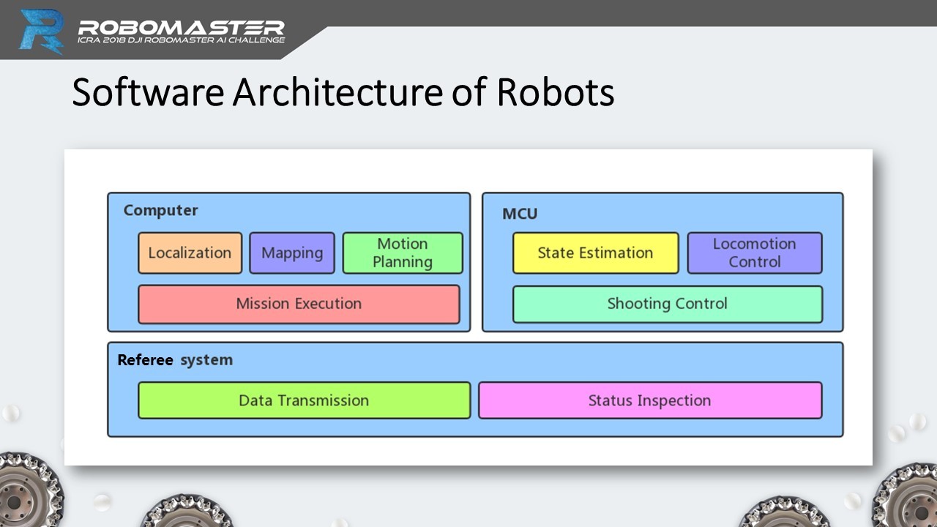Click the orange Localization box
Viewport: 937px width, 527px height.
click(x=190, y=253)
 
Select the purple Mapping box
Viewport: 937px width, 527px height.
click(x=292, y=253)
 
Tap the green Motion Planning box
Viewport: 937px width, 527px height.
click(x=403, y=253)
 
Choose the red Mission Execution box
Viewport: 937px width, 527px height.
click(x=299, y=304)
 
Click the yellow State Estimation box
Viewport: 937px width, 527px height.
click(x=595, y=253)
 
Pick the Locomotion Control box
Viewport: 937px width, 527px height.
click(x=755, y=253)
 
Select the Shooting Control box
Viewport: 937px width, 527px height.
click(x=667, y=304)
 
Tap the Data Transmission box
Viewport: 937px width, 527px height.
click(x=304, y=400)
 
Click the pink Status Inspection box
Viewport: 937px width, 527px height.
click(x=650, y=400)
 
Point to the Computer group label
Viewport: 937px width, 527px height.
click(x=160, y=210)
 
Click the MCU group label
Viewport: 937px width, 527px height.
click(x=520, y=214)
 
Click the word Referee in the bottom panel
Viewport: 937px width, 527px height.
click(x=145, y=359)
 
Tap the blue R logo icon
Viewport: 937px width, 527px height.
click(x=42, y=31)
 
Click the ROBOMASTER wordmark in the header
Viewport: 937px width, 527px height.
click(x=181, y=28)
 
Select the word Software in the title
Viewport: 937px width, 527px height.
click(x=148, y=92)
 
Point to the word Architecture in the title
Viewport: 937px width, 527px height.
click(x=338, y=92)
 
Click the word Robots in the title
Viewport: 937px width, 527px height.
click(x=556, y=92)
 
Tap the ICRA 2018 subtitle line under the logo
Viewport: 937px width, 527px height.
click(x=181, y=40)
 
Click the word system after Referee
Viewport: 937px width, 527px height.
click(x=206, y=360)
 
